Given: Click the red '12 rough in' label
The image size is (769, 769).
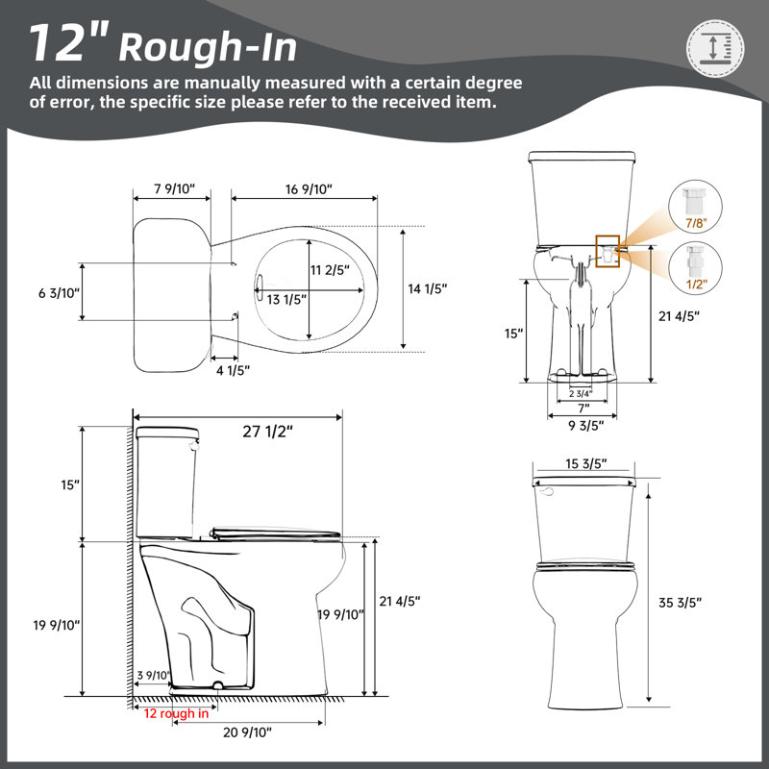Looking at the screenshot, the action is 176,713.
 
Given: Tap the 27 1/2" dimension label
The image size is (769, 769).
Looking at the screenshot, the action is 268,432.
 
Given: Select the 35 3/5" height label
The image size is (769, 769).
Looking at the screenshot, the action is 680,603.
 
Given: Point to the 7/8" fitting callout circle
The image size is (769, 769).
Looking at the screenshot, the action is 695,207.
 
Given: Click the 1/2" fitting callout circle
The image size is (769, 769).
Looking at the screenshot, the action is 695,269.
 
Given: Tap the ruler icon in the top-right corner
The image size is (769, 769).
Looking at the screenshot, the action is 714,49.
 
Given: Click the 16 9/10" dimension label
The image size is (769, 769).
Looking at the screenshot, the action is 309,189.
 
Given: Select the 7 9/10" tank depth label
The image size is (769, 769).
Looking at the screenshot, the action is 175,188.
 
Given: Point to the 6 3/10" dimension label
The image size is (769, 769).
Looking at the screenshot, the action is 59,293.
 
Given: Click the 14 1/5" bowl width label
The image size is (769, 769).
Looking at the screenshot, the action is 428,289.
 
